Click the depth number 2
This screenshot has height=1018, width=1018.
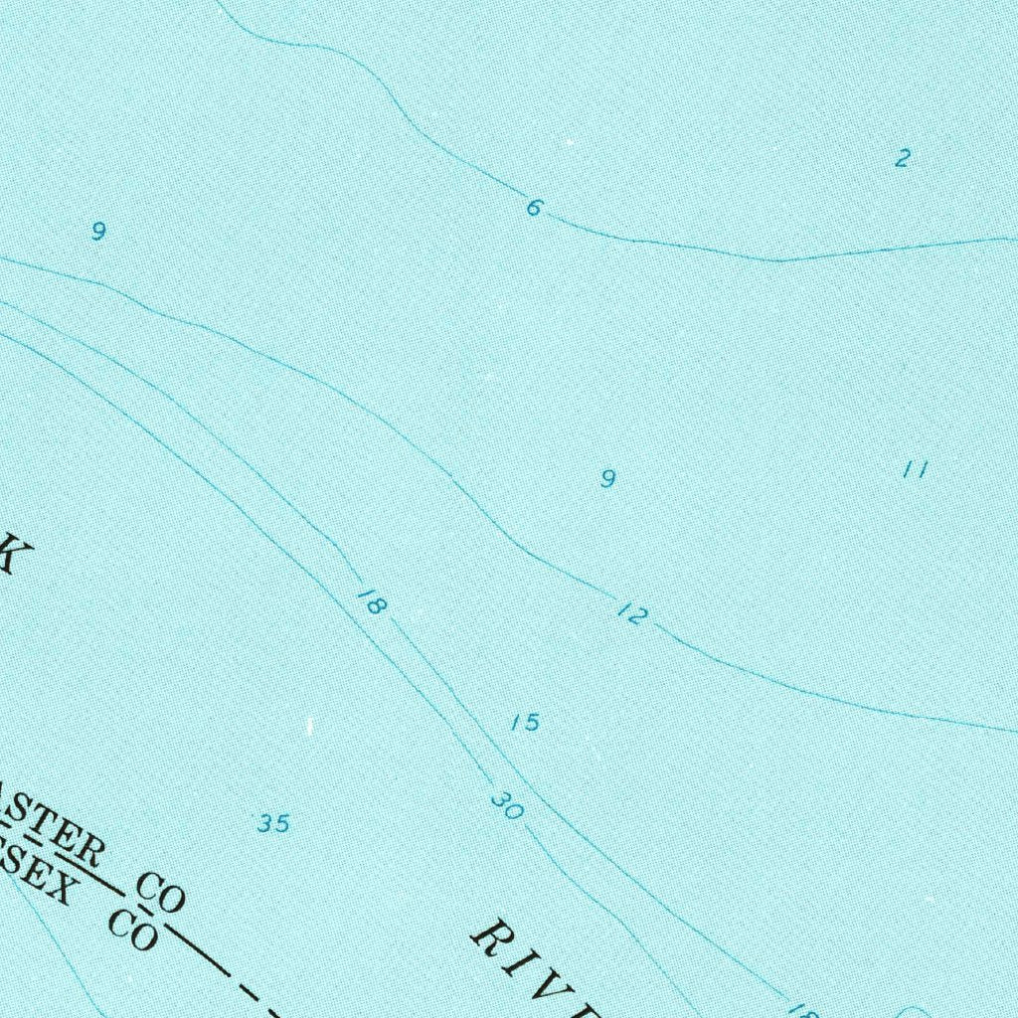[x=902, y=157]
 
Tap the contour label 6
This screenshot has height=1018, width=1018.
[x=535, y=207]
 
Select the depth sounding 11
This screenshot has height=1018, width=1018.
[x=915, y=469]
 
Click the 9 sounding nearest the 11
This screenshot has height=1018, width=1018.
[x=607, y=479]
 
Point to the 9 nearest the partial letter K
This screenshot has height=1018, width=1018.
[x=97, y=232]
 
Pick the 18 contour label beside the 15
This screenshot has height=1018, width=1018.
[x=370, y=601]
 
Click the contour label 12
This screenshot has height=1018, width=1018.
[x=631, y=615]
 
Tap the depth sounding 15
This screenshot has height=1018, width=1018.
[x=525, y=723]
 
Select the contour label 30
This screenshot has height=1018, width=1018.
[x=506, y=806]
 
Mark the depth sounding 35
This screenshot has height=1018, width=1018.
[x=273, y=823]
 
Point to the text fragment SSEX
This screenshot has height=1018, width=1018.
[x=35, y=875]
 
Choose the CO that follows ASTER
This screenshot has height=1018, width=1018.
[x=161, y=892]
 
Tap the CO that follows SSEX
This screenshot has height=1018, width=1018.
[x=132, y=930]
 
